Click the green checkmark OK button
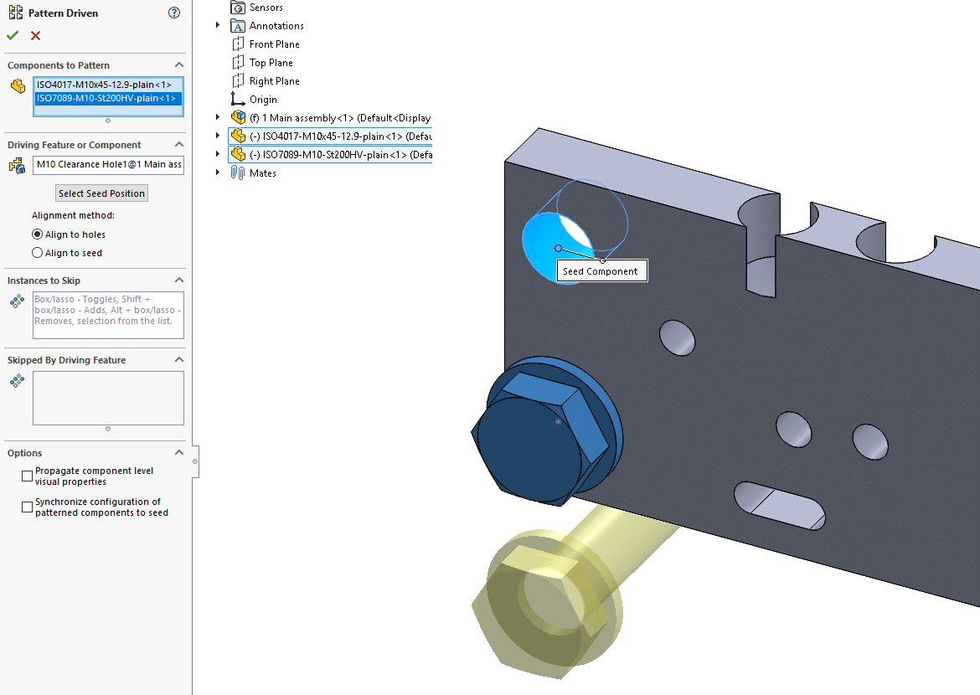click(x=12, y=35)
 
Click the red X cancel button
click(x=35, y=35)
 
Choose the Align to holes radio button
click(x=37, y=234)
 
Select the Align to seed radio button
click(x=37, y=253)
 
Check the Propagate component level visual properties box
click(x=28, y=476)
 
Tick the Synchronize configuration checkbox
click(x=28, y=507)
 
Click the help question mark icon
click(x=174, y=13)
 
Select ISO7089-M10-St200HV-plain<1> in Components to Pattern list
click(x=106, y=99)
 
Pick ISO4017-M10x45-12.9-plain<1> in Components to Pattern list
click(x=104, y=85)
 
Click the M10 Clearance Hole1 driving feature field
click(x=108, y=165)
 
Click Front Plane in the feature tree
click(x=274, y=44)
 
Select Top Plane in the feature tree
click(x=271, y=63)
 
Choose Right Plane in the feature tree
click(x=274, y=81)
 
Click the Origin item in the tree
click(x=263, y=100)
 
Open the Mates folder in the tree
click(x=262, y=173)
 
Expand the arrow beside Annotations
click(x=218, y=26)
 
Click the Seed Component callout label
click(x=600, y=271)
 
